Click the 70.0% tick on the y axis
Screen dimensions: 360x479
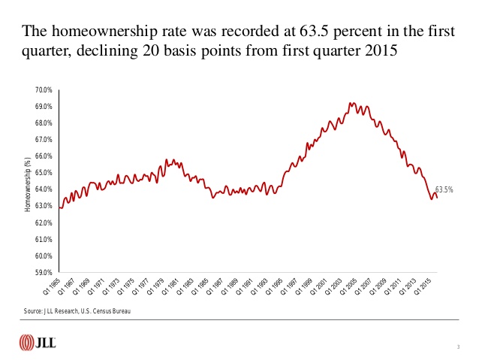(x=42, y=90)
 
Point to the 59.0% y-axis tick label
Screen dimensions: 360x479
(x=42, y=272)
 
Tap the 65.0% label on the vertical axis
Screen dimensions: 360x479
(x=42, y=173)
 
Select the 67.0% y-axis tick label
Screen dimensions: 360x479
(x=42, y=140)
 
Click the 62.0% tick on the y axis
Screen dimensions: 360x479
(x=42, y=222)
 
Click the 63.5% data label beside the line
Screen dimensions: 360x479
(x=444, y=189)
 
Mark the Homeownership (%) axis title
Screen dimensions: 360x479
(x=27, y=182)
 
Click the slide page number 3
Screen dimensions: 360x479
(x=457, y=346)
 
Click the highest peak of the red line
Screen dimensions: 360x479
(x=351, y=102)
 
